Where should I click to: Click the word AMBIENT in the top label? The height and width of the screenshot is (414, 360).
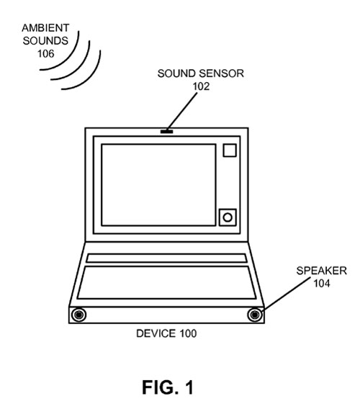(45, 28)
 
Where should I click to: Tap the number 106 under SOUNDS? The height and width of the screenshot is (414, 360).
(45, 53)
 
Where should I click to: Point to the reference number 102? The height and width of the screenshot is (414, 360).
(201, 86)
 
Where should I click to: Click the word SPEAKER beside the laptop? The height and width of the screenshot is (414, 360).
(321, 271)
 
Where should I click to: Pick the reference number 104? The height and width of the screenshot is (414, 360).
(321, 283)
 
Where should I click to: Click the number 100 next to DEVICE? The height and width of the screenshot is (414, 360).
(188, 333)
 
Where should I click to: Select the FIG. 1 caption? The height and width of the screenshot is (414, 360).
(168, 387)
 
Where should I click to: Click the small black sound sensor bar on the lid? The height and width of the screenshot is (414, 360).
(166, 131)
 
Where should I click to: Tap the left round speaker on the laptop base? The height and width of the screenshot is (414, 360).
(78, 315)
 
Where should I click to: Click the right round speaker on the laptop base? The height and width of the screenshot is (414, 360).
(255, 315)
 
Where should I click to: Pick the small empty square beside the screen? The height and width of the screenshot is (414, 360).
(230, 150)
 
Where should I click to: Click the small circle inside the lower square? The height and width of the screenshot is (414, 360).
(228, 217)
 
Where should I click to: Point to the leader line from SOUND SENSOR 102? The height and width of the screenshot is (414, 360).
(182, 111)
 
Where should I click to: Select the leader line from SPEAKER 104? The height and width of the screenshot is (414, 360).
(287, 294)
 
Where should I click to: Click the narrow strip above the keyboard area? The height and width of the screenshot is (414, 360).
(166, 258)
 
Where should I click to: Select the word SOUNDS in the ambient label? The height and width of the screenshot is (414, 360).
(45, 40)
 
